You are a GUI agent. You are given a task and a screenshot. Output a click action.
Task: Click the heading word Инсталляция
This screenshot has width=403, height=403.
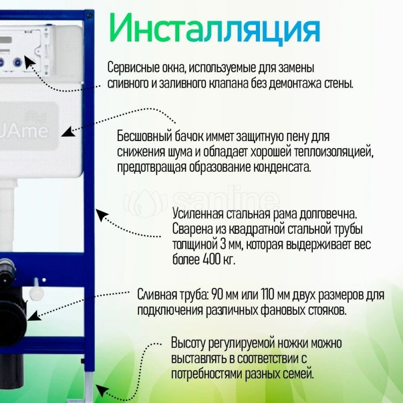pyautogui.click(x=214, y=29)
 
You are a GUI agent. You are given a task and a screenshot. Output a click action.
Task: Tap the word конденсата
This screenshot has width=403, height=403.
pyautogui.click(x=283, y=167)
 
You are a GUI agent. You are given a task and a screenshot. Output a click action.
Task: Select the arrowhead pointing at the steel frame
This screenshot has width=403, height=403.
pyautogui.click(x=102, y=216)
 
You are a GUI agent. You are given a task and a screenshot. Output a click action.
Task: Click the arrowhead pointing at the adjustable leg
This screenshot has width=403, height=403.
pyautogui.click(x=102, y=389)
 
